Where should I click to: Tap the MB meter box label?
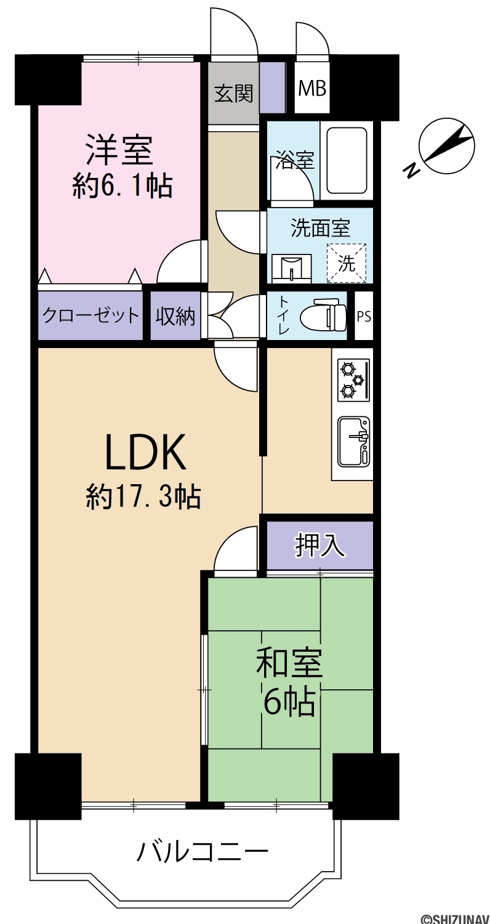coord(312,88)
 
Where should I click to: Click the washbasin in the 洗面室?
coord(291,268)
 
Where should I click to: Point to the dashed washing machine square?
coord(346,263)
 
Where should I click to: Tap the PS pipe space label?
coord(363,317)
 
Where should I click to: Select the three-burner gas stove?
coord(353,380)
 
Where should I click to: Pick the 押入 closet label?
coord(319,545)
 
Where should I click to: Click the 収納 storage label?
coord(175,317)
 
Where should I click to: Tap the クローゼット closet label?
coord(90,316)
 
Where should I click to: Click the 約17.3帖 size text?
coord(143,496)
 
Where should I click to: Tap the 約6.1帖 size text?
coord(122,187)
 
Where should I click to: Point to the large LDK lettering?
coord(147,452)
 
